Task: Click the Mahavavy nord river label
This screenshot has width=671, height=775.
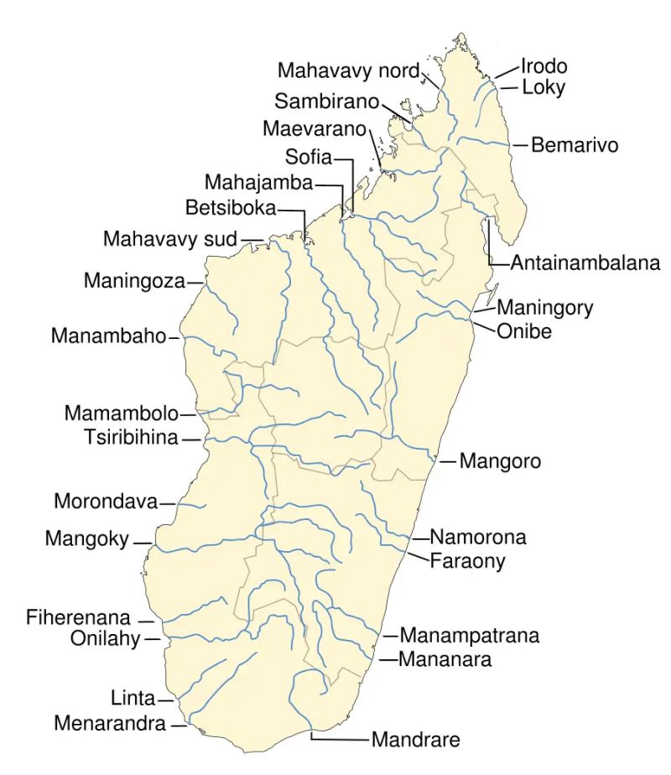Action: (x=347, y=70)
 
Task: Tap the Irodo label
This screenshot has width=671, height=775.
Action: (x=544, y=65)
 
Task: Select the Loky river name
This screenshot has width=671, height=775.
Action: (x=543, y=87)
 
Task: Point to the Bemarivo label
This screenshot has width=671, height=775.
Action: (x=574, y=145)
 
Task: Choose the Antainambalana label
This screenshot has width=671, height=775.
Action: (x=585, y=263)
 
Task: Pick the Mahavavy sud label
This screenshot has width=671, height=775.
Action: (x=170, y=239)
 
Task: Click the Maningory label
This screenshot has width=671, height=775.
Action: (x=545, y=308)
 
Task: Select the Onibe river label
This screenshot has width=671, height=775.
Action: (x=524, y=331)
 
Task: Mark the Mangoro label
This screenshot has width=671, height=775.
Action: (x=500, y=461)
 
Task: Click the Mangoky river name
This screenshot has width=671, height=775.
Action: (x=87, y=538)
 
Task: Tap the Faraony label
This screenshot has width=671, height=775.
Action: (x=468, y=561)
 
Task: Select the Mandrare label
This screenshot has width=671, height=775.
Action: (x=416, y=741)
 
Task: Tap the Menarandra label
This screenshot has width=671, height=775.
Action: (x=110, y=723)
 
